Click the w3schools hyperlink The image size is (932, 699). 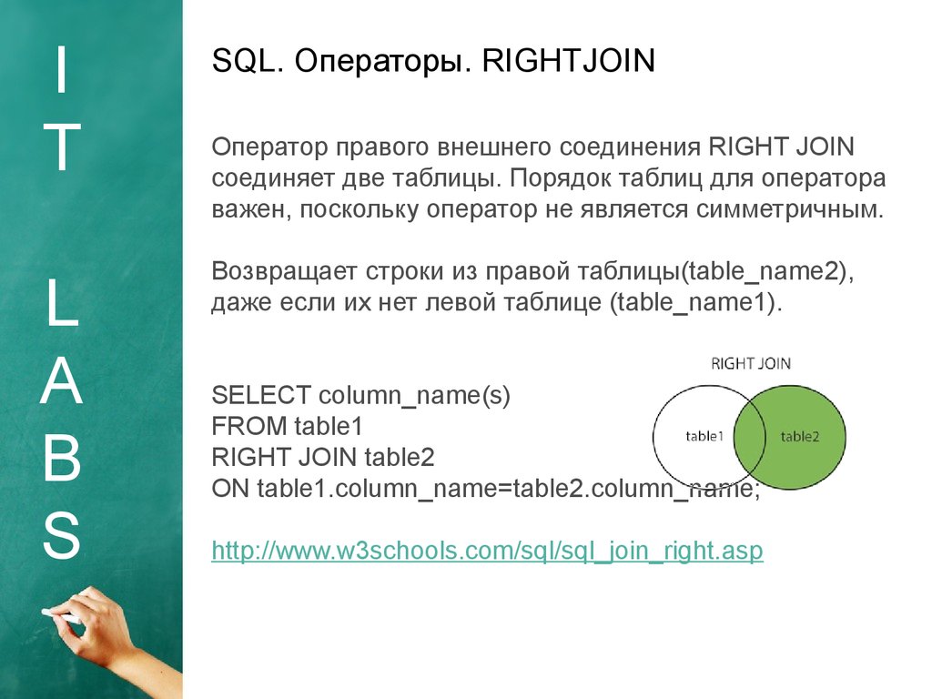[488, 551]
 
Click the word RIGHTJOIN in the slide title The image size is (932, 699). [568, 61]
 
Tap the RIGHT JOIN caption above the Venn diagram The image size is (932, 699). [751, 363]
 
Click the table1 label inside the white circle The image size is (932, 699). [704, 436]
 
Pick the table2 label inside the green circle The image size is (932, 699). [800, 437]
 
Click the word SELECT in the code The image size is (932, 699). [261, 395]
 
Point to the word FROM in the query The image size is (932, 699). [249, 426]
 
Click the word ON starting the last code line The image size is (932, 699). [230, 488]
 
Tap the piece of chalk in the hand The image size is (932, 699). [62, 616]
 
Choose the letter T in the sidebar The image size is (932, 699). [61, 147]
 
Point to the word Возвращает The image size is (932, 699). [285, 271]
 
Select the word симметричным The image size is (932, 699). [789, 209]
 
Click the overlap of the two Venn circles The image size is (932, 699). [750, 437]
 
